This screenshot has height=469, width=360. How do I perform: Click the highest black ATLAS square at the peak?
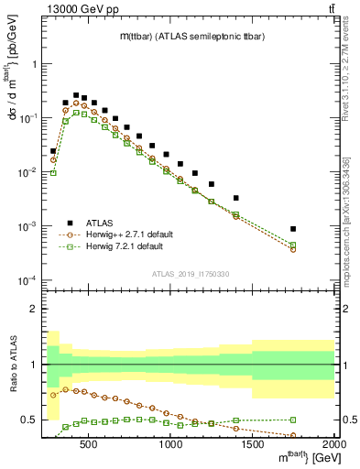(x=76, y=94)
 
